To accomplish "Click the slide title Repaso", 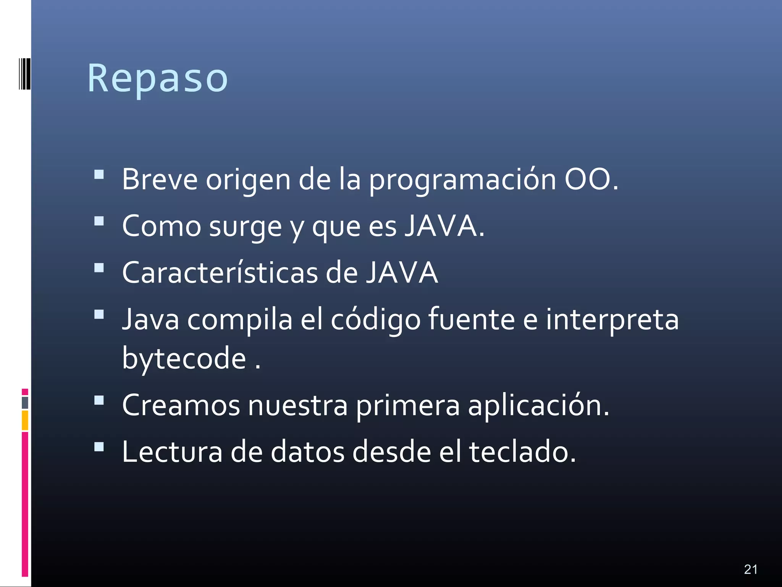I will point(157,78).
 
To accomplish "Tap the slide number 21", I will point(750,569).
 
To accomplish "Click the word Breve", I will point(160,179).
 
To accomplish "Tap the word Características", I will point(220,273).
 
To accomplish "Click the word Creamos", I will point(181,405).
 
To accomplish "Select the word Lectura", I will point(172,452).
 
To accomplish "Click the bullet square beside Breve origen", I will point(99,175).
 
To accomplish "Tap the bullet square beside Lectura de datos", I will point(99,447).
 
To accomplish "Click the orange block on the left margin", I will point(25,420).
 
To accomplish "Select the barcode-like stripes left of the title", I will point(24,74).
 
